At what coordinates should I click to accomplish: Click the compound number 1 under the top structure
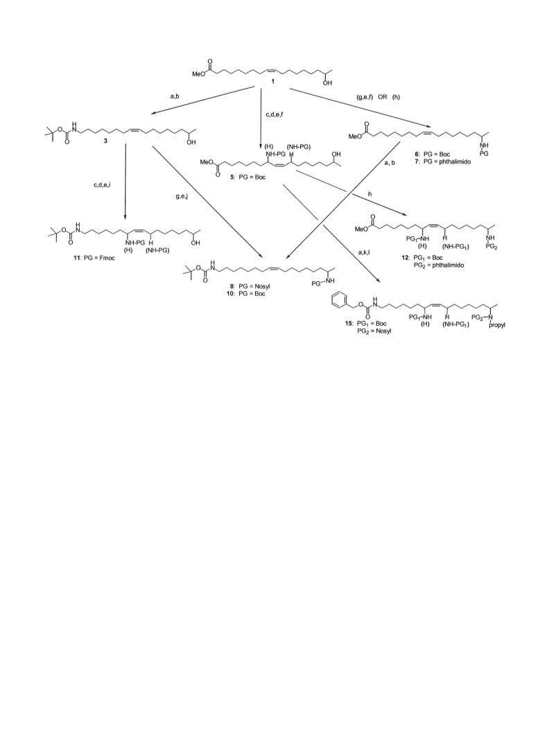(274, 82)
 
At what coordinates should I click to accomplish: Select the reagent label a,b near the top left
(175, 96)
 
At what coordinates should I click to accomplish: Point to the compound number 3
(105, 141)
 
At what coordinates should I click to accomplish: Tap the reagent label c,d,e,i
(102, 185)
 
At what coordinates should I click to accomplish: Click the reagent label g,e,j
(182, 197)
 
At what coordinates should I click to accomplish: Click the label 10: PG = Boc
(247, 294)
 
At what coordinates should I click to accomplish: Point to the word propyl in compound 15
(496, 324)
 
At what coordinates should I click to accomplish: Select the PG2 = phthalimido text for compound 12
(439, 265)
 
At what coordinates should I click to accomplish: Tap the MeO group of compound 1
(198, 73)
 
